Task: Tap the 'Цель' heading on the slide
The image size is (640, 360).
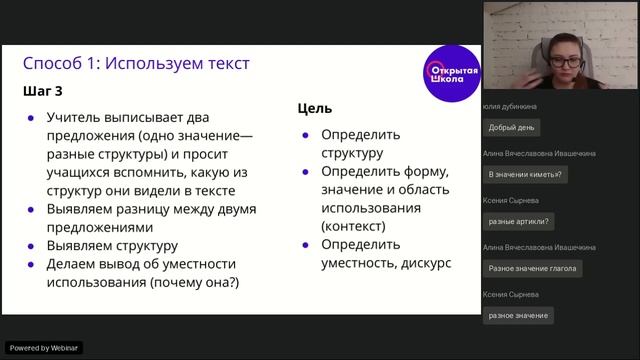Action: click(315, 108)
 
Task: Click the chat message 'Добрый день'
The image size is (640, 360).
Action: click(510, 128)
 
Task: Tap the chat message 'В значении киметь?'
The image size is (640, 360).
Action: click(524, 174)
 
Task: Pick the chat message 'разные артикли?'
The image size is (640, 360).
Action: click(519, 221)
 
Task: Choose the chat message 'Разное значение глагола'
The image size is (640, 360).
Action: click(533, 268)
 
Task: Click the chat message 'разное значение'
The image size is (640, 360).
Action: click(518, 315)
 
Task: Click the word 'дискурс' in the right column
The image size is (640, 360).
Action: click(427, 263)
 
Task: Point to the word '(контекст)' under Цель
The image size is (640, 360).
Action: click(357, 226)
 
